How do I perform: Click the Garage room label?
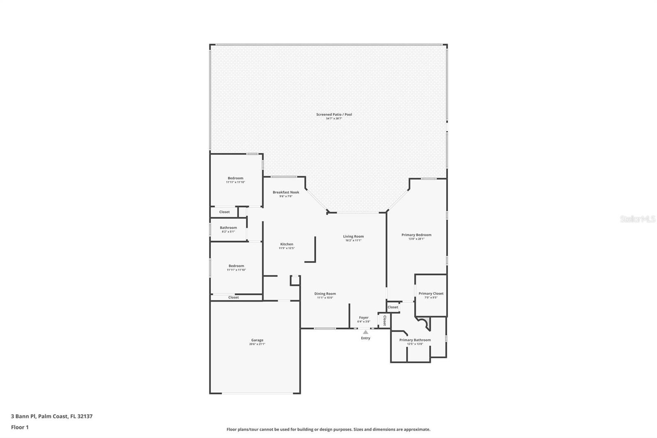coord(257,340)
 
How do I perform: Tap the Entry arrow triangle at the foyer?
coord(365,332)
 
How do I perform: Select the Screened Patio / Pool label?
coord(334,115)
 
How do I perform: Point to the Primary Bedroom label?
coord(416,235)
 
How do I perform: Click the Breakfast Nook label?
coord(286,192)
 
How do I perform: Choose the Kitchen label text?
coord(287,244)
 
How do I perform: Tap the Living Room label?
coord(353,236)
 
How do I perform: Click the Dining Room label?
coord(325,294)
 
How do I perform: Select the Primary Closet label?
coord(431,293)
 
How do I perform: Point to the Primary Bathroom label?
coord(415,340)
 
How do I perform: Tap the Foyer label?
coord(363,318)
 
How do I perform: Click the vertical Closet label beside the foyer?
coord(384,320)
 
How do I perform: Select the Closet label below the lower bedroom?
coord(233,297)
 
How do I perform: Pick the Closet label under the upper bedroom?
coord(224,212)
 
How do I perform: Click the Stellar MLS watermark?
coord(637,219)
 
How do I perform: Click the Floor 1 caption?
coord(20,427)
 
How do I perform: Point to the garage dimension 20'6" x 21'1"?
coord(257,344)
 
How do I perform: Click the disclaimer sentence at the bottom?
coord(328,429)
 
